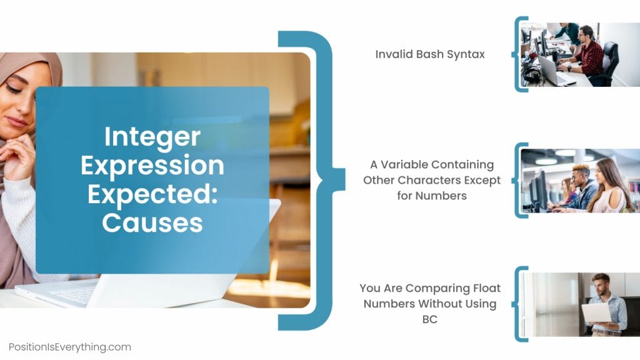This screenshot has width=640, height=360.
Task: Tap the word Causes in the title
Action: coord(152,222)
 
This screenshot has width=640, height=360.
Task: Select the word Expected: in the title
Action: coord(152,194)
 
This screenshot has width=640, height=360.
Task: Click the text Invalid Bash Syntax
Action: coord(430,54)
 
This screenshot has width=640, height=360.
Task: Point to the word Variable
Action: coord(401,165)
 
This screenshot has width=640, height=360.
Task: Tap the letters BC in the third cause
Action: coord(430,319)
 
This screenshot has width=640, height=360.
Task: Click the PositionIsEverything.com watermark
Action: coord(70,347)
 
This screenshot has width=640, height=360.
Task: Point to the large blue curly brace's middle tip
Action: coord(341,180)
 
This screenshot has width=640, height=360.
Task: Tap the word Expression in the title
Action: coord(152,166)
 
